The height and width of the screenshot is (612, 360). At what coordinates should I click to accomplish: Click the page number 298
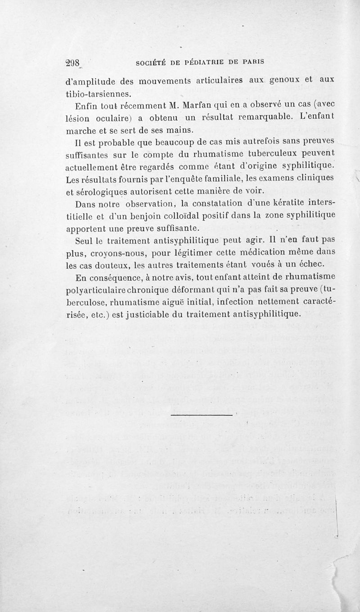click(70, 63)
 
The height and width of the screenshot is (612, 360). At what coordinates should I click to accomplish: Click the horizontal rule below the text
click(201, 413)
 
